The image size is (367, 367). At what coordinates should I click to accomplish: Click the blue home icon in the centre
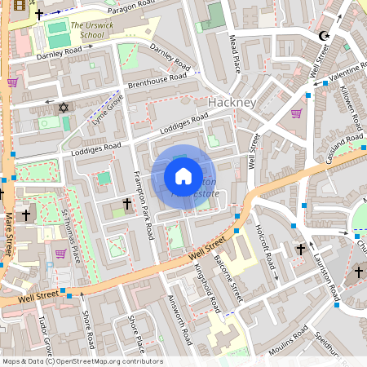[183, 176]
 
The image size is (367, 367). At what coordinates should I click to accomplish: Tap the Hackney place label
[232, 103]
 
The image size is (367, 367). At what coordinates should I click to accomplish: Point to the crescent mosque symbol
[324, 36]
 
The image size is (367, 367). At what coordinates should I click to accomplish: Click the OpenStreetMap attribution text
[82, 361]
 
